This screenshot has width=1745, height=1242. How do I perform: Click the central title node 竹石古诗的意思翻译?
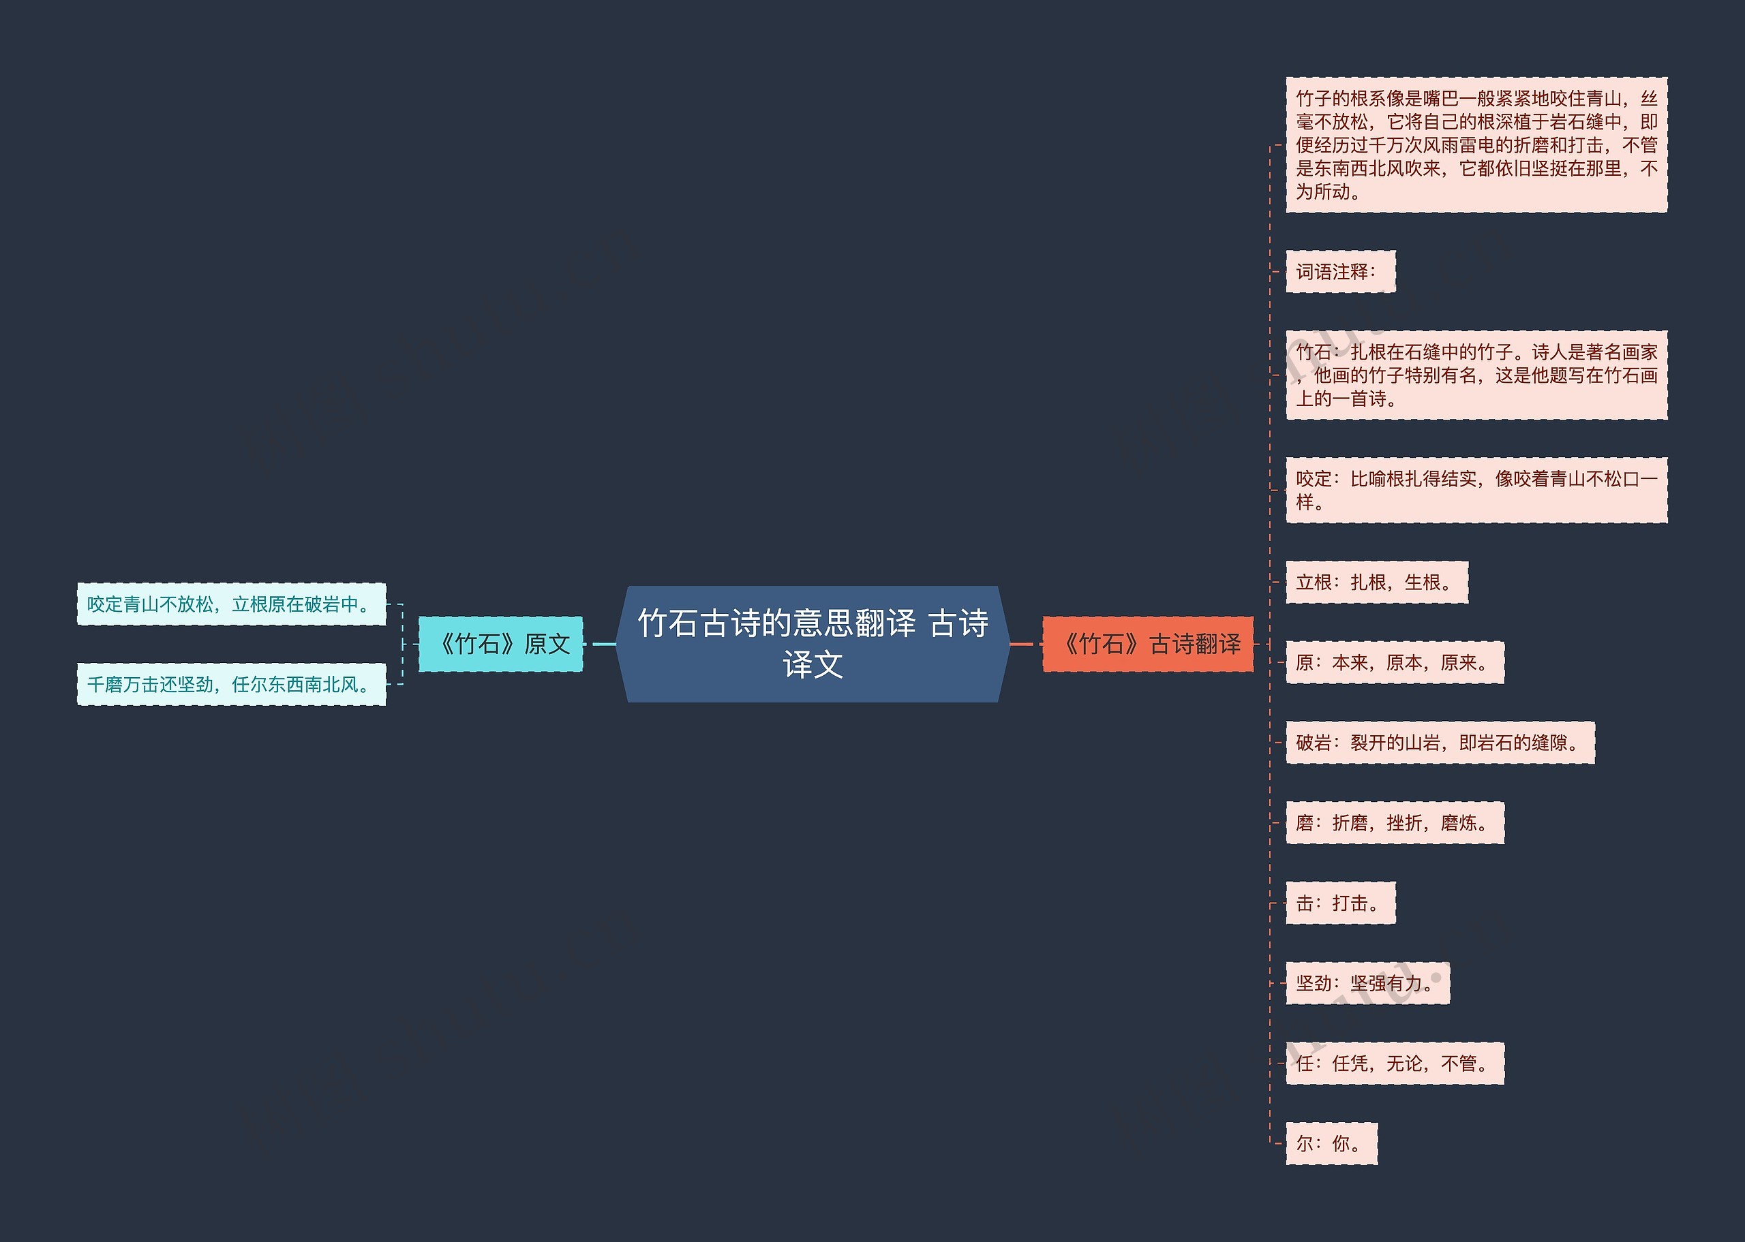pyautogui.click(x=813, y=623)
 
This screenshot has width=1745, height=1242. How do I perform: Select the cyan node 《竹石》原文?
pyautogui.click(x=501, y=644)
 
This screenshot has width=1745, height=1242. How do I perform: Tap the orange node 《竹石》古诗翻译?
pyautogui.click(x=1147, y=644)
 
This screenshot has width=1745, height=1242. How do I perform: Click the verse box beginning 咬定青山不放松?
pyautogui.click(x=231, y=604)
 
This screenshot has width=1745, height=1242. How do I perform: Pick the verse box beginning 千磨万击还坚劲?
pyautogui.click(x=231, y=685)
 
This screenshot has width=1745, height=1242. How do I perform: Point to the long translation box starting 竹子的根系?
pyautogui.click(x=1476, y=144)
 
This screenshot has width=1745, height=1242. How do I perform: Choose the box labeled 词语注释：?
pyautogui.click(x=1340, y=272)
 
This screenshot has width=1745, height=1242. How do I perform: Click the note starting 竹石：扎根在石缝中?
pyautogui.click(x=1476, y=375)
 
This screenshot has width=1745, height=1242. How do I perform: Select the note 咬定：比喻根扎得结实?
pyautogui.click(x=1476, y=491)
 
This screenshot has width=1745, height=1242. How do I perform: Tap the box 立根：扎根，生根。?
pyautogui.click(x=1376, y=582)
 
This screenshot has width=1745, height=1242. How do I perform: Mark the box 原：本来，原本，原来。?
pyautogui.click(x=1395, y=662)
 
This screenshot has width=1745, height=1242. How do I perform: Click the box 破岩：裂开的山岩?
pyautogui.click(x=1440, y=743)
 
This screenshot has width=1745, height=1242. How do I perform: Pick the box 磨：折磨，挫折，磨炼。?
pyautogui.click(x=1395, y=823)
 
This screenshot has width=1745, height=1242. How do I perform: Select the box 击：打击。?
pyautogui.click(x=1340, y=903)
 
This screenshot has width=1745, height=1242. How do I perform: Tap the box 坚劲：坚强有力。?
pyautogui.click(x=1367, y=982)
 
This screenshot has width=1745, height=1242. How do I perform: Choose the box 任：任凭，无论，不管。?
pyautogui.click(x=1395, y=1063)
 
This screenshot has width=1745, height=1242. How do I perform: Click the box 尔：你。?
pyautogui.click(x=1331, y=1143)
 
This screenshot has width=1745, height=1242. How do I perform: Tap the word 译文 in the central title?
pyautogui.click(x=813, y=664)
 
